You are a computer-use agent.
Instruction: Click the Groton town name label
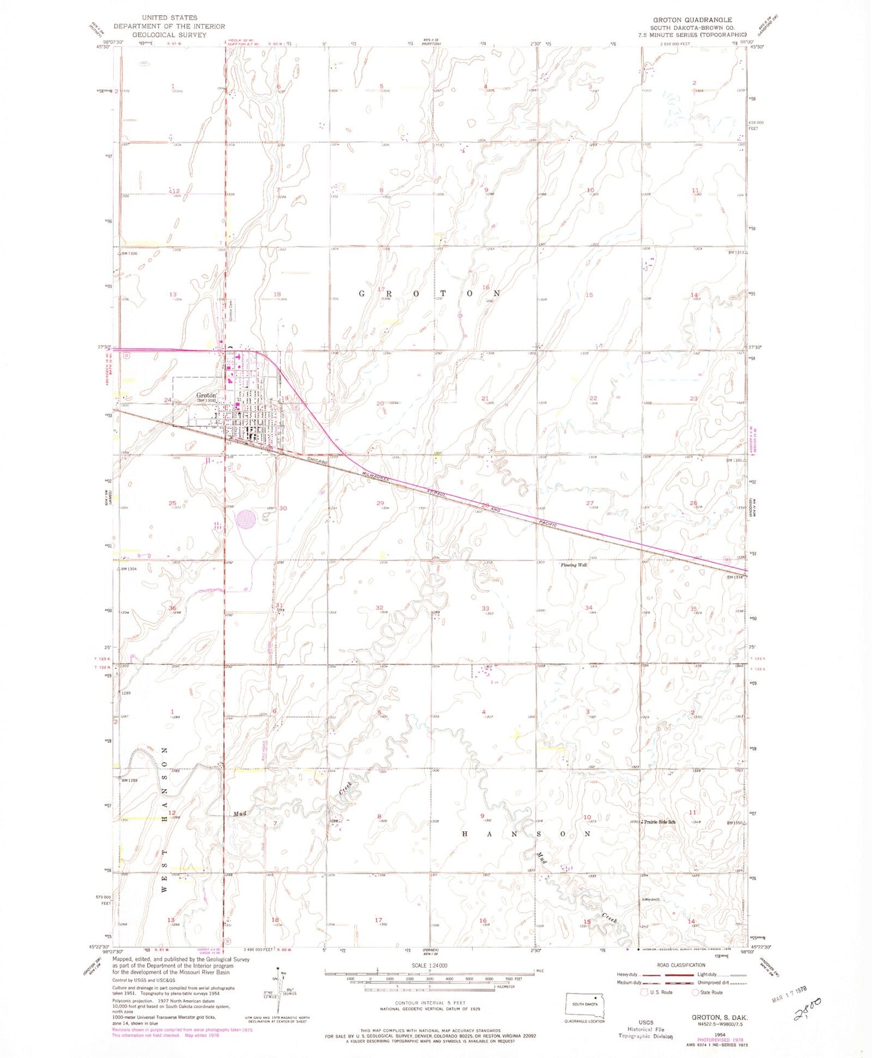pos(206,395)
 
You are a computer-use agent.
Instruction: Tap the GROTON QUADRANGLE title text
pos(692,20)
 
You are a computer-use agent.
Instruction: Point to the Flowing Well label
pos(574,565)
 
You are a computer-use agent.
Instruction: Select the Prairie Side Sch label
pos(659,822)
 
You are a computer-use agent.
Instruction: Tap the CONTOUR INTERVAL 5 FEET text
pos(429,1003)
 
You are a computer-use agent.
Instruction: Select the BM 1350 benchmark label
pos(736,822)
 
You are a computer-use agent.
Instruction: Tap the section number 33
pos(485,608)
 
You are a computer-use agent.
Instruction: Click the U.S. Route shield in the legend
pos(644,992)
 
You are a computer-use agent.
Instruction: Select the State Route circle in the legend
pos(696,992)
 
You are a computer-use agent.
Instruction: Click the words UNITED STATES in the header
pos(169,18)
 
